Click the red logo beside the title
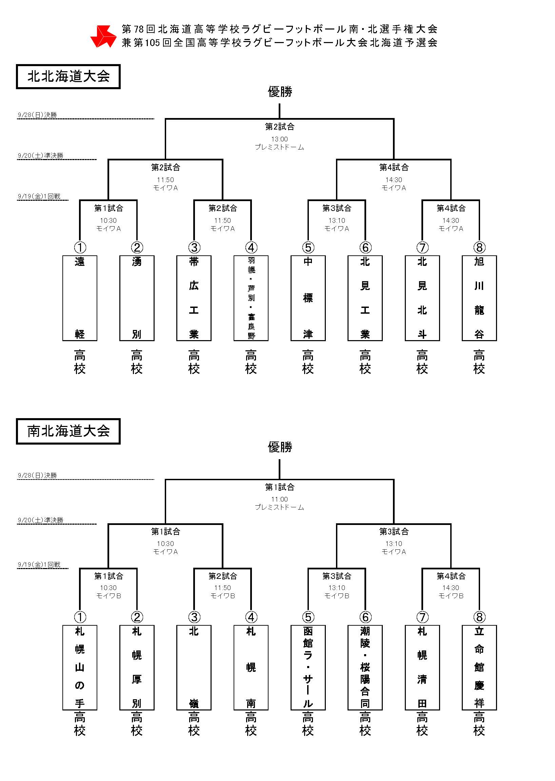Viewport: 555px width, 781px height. click(103, 36)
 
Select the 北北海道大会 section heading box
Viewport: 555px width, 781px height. click(68, 77)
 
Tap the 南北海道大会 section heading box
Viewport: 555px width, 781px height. click(68, 431)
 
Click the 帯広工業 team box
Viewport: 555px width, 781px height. click(194, 298)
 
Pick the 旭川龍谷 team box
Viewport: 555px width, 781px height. click(479, 298)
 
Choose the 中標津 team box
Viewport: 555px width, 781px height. click(308, 298)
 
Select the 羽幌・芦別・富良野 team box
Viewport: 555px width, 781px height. click(251, 298)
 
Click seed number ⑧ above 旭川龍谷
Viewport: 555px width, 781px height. click(479, 247)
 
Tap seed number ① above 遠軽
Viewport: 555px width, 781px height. click(80, 247)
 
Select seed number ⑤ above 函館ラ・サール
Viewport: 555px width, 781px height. click(308, 617)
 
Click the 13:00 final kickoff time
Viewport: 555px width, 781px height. click(280, 139)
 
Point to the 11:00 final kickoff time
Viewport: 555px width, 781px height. click(280, 500)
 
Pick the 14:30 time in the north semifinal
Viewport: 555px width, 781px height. click(394, 180)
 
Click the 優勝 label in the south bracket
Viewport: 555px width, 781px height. click(280, 447)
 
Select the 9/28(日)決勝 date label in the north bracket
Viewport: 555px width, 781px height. click(37, 115)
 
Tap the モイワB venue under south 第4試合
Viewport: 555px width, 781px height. click(451, 596)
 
